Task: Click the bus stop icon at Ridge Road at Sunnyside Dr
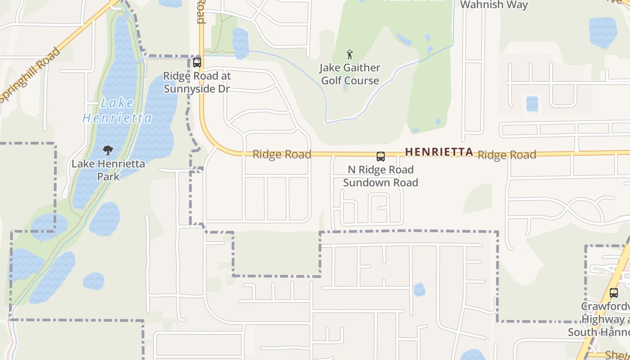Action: [x=197, y=63]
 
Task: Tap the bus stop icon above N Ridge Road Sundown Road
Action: [x=381, y=157]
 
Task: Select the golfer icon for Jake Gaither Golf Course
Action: [x=350, y=55]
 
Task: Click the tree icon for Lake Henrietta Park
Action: [x=108, y=150]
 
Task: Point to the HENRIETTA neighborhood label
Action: [x=439, y=152]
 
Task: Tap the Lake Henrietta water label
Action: [x=117, y=111]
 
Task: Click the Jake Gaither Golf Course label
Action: [x=350, y=74]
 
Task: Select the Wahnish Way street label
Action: [x=494, y=5]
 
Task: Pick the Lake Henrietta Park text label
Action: [x=108, y=170]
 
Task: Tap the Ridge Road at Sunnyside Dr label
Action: [x=197, y=82]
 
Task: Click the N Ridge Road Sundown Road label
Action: [x=381, y=176]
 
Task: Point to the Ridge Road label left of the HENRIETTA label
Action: [x=282, y=154]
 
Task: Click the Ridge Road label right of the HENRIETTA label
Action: [x=507, y=155]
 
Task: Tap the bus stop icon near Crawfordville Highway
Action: [x=614, y=293]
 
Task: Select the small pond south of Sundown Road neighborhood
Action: [x=419, y=289]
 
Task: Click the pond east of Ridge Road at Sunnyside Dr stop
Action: [x=240, y=43]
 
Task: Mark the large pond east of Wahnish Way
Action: [x=603, y=32]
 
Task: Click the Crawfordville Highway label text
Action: [x=605, y=319]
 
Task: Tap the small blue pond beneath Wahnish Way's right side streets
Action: [x=532, y=103]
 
